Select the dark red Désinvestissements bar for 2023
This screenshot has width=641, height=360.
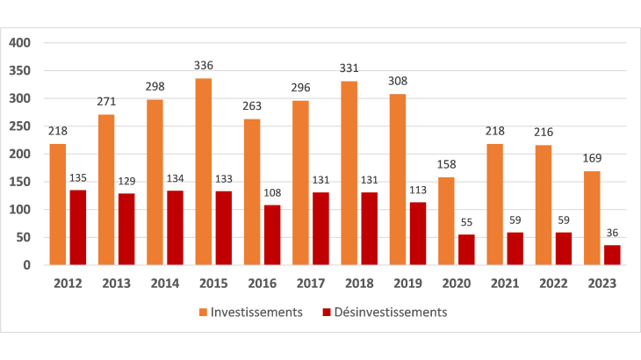[x=612, y=255]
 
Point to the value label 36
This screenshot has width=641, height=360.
[x=612, y=233]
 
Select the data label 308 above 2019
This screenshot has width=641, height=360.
[x=399, y=81]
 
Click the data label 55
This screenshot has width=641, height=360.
[x=467, y=223]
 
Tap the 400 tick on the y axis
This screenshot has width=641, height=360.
[x=19, y=42]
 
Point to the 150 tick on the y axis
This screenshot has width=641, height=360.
[x=19, y=182]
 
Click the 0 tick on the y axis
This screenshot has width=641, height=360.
[x=26, y=265]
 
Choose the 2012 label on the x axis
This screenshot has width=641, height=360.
[x=68, y=283]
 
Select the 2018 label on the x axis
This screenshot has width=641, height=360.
[x=359, y=283]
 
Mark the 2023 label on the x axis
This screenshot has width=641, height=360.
[x=601, y=283]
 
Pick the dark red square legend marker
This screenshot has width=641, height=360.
[x=328, y=313]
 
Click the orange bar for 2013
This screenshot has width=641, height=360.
[x=107, y=190]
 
